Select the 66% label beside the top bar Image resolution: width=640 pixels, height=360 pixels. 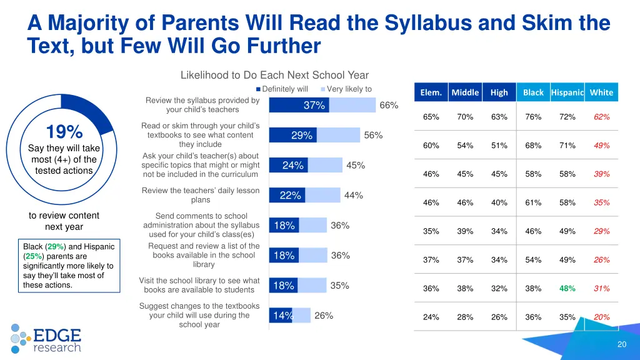[389, 105]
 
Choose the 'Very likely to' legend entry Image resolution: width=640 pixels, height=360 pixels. [348, 89]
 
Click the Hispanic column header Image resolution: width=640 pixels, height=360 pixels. [567, 92]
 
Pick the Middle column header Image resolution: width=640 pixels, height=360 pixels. [465, 92]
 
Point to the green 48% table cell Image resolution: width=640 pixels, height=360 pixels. [567, 288]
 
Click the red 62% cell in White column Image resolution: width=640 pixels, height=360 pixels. [601, 117]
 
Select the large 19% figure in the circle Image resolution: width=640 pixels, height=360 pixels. [64, 132]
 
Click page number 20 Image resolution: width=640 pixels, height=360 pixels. [621, 344]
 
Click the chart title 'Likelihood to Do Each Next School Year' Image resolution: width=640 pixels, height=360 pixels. [274, 76]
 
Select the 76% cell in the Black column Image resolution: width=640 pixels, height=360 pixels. [533, 117]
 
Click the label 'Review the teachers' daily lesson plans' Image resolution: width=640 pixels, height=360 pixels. [200, 195]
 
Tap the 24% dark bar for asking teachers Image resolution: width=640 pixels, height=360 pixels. [289, 165]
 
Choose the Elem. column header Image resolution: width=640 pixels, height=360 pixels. [431, 92]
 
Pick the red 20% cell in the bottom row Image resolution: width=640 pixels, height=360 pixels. [601, 317]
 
